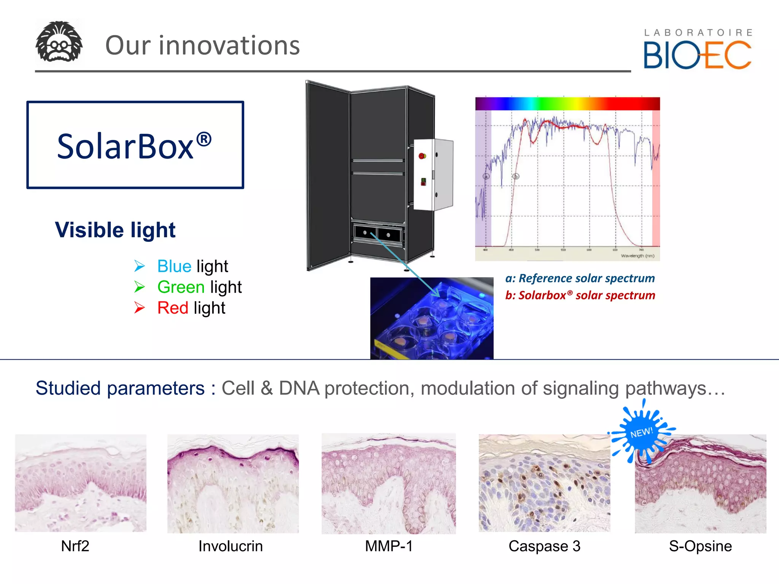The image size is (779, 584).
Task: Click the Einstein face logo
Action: point(59,42)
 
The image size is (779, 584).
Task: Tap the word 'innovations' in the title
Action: point(229,46)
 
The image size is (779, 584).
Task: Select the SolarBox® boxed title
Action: point(135,145)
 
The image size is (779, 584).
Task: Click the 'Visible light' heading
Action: point(115,230)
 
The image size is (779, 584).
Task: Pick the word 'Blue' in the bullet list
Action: point(174,266)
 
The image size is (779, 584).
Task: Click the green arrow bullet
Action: point(140,287)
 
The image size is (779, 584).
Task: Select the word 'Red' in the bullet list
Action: point(173,308)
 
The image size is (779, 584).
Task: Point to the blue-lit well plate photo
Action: point(432,319)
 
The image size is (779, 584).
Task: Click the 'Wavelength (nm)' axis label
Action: point(638,256)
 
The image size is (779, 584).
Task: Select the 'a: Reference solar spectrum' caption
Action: point(580,278)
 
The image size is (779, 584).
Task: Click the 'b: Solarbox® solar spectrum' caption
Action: point(580,295)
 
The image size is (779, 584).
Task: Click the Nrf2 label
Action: point(75,546)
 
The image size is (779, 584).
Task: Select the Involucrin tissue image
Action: point(233,484)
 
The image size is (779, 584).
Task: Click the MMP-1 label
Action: point(389,546)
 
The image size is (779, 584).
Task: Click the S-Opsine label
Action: point(700,546)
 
